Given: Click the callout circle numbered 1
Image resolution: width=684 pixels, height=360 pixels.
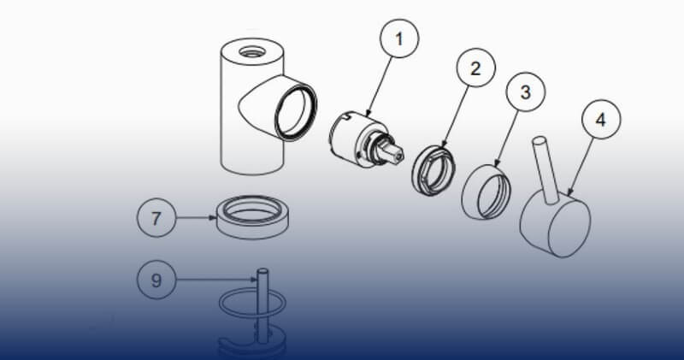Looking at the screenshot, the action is (399, 38).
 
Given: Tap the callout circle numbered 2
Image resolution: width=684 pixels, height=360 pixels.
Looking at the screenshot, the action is (476, 68).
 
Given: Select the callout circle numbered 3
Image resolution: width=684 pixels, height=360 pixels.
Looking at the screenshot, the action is (526, 91).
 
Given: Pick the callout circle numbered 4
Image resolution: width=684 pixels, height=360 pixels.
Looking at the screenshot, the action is (601, 120).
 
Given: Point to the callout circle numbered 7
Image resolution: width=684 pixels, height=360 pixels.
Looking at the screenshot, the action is (156, 218).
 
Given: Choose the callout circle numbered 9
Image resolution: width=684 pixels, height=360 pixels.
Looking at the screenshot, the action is (156, 280).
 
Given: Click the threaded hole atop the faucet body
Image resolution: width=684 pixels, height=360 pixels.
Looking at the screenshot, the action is (252, 52).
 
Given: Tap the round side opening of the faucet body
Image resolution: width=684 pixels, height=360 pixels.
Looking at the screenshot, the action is (296, 113).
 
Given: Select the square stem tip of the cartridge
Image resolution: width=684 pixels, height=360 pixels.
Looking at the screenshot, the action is (396, 154).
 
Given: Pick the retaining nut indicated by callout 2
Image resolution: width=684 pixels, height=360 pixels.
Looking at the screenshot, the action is (433, 171).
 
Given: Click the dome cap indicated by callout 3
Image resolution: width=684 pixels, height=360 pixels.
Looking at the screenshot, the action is (486, 192).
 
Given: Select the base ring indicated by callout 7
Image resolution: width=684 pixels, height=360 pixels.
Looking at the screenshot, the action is (253, 217).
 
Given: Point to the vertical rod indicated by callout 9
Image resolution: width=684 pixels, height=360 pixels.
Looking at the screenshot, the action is (262, 305).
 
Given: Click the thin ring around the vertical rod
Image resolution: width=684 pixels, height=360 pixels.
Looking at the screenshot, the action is (252, 304).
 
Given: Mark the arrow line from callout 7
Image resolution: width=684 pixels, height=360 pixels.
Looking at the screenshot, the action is (197, 218).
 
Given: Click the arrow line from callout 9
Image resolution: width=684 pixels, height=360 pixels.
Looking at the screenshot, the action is (216, 280).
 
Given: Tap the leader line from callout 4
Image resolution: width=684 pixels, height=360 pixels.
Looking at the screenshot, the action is (581, 167).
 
